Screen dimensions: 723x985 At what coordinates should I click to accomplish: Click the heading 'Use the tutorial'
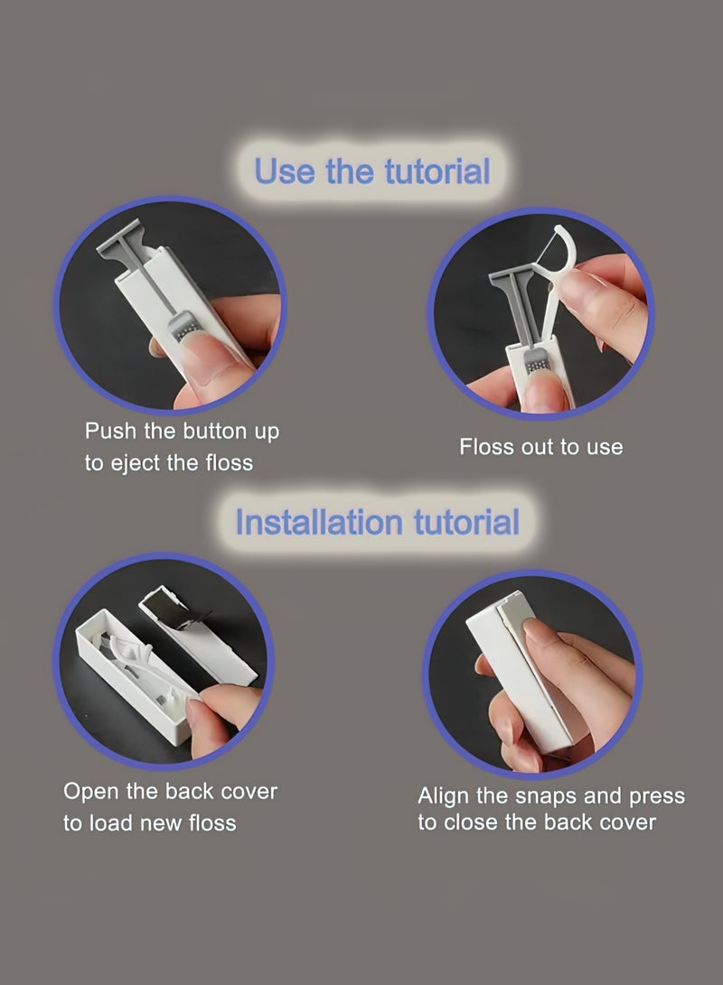371,171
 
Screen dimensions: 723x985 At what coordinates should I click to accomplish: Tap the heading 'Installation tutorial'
377,522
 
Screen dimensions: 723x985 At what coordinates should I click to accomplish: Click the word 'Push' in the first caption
110,431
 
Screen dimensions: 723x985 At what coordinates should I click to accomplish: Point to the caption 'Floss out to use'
540,447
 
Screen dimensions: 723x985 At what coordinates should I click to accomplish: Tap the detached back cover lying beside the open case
197,635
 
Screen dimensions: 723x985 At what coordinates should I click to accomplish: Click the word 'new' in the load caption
159,823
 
